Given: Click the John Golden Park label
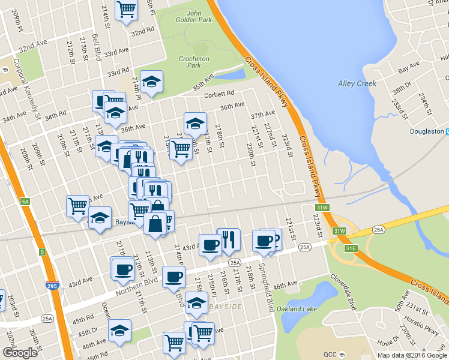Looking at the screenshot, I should click(194, 16).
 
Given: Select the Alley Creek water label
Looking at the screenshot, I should click(357, 83).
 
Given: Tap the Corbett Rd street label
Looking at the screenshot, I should click(218, 94).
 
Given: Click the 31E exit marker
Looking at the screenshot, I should click(351, 247).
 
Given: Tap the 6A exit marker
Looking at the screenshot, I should click(25, 202).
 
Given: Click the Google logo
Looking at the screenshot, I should click(20, 353).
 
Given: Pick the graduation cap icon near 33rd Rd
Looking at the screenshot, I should click(151, 82).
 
